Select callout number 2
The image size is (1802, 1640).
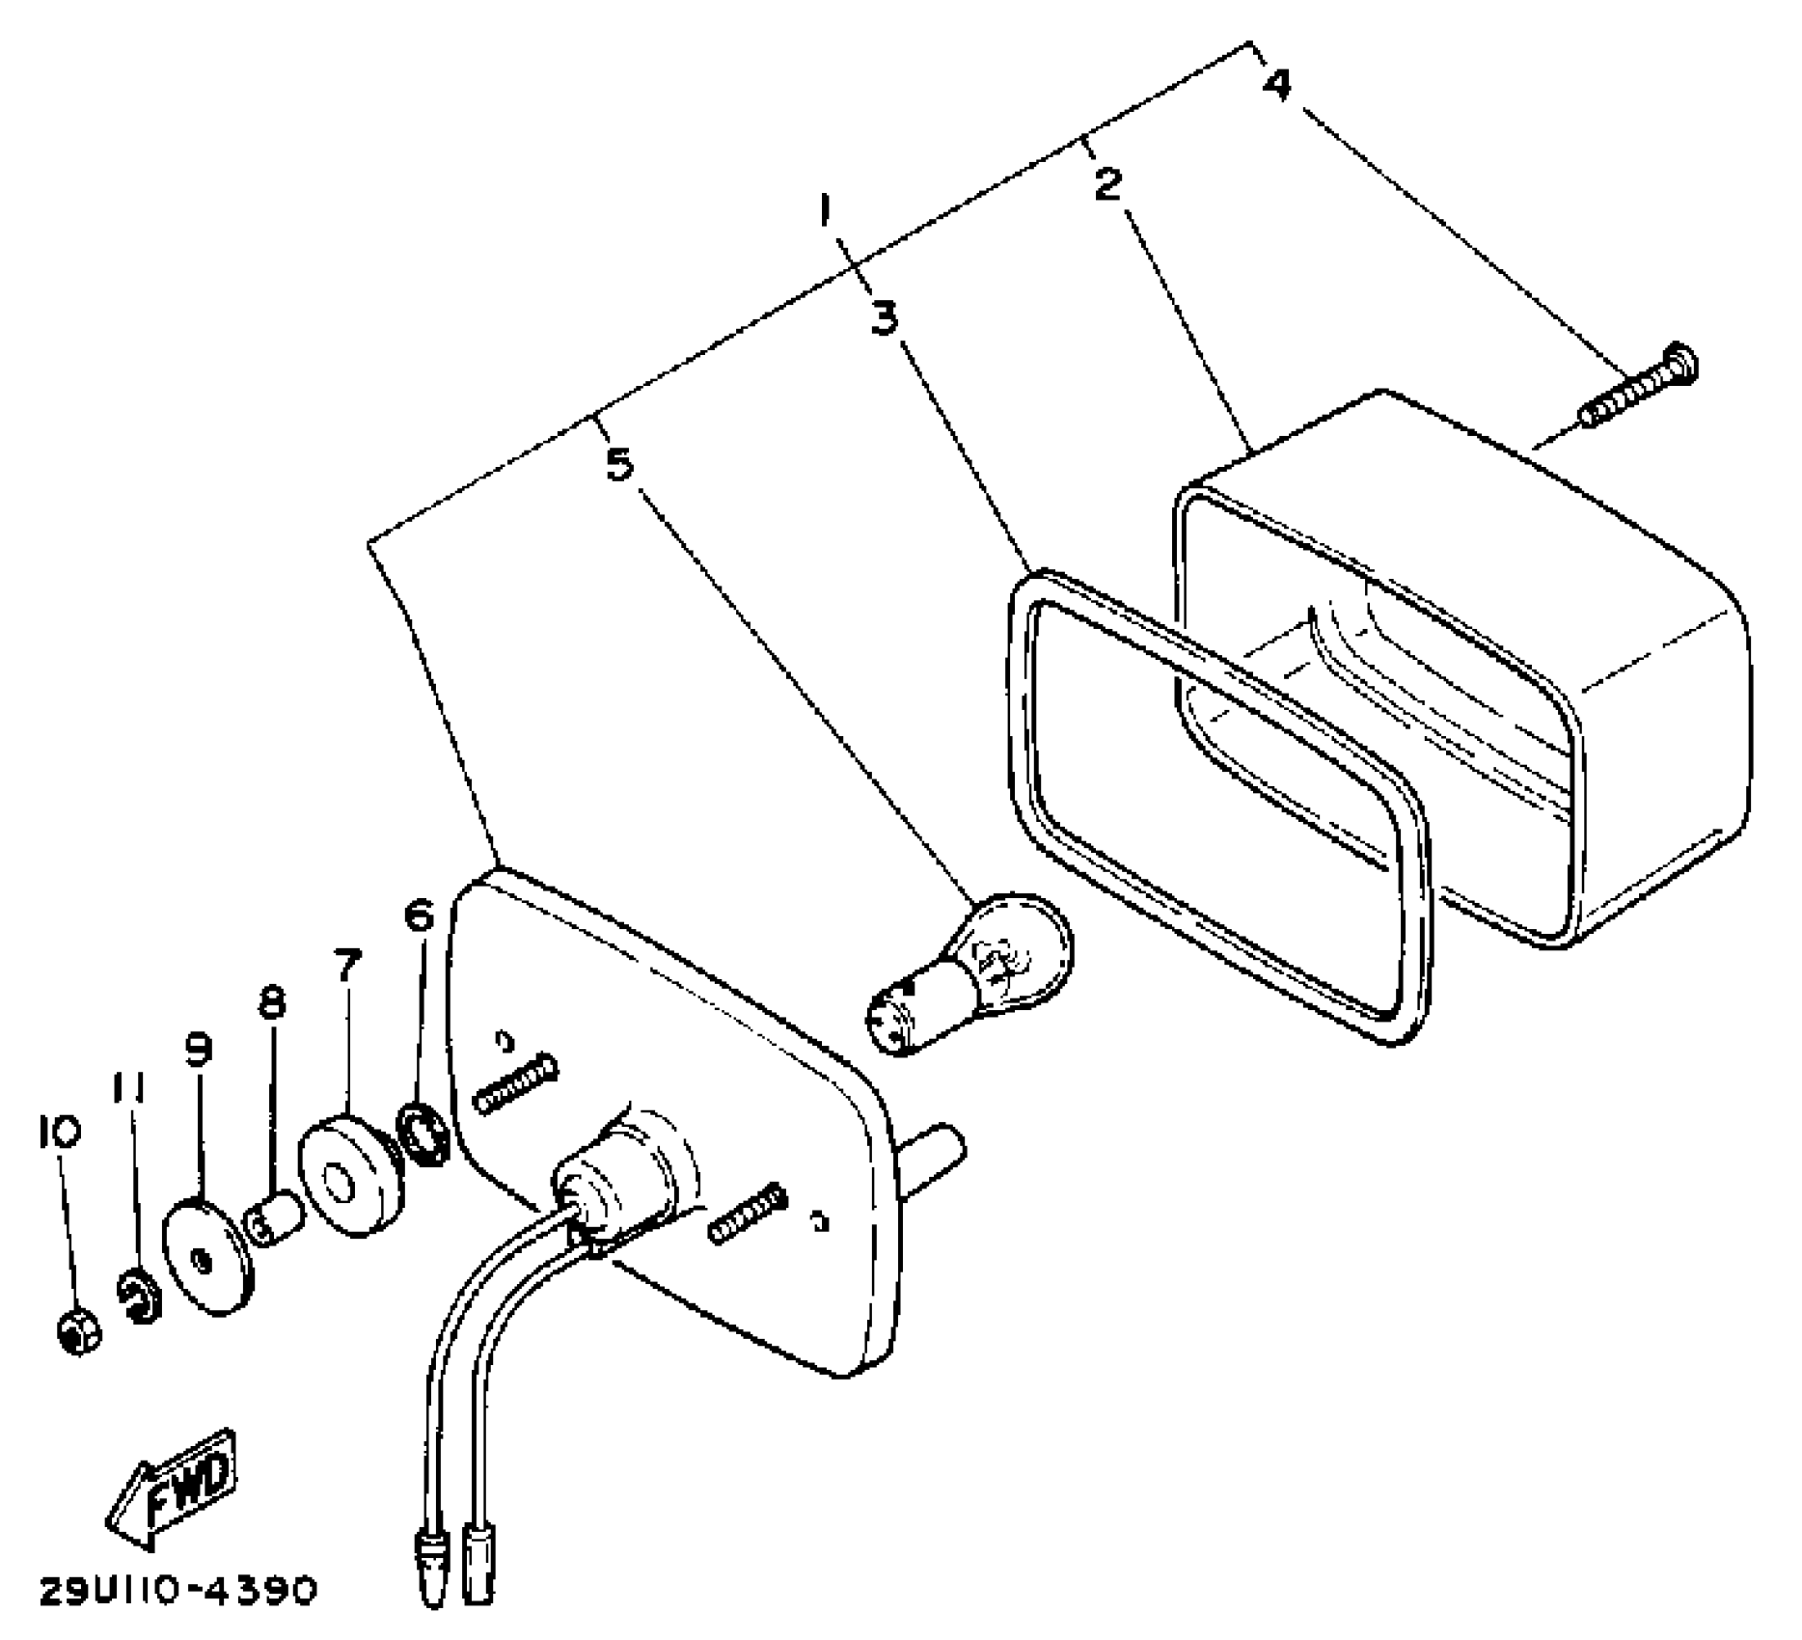coord(1107,183)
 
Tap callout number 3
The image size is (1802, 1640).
coord(884,317)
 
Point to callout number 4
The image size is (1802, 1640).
coord(1275,85)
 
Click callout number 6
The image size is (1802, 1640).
coord(419,916)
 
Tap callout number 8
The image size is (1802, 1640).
coord(272,1004)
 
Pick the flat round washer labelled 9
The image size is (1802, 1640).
coord(208,1255)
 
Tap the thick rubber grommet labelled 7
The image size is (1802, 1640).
coord(348,1176)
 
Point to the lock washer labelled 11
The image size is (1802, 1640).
coord(141,1297)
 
